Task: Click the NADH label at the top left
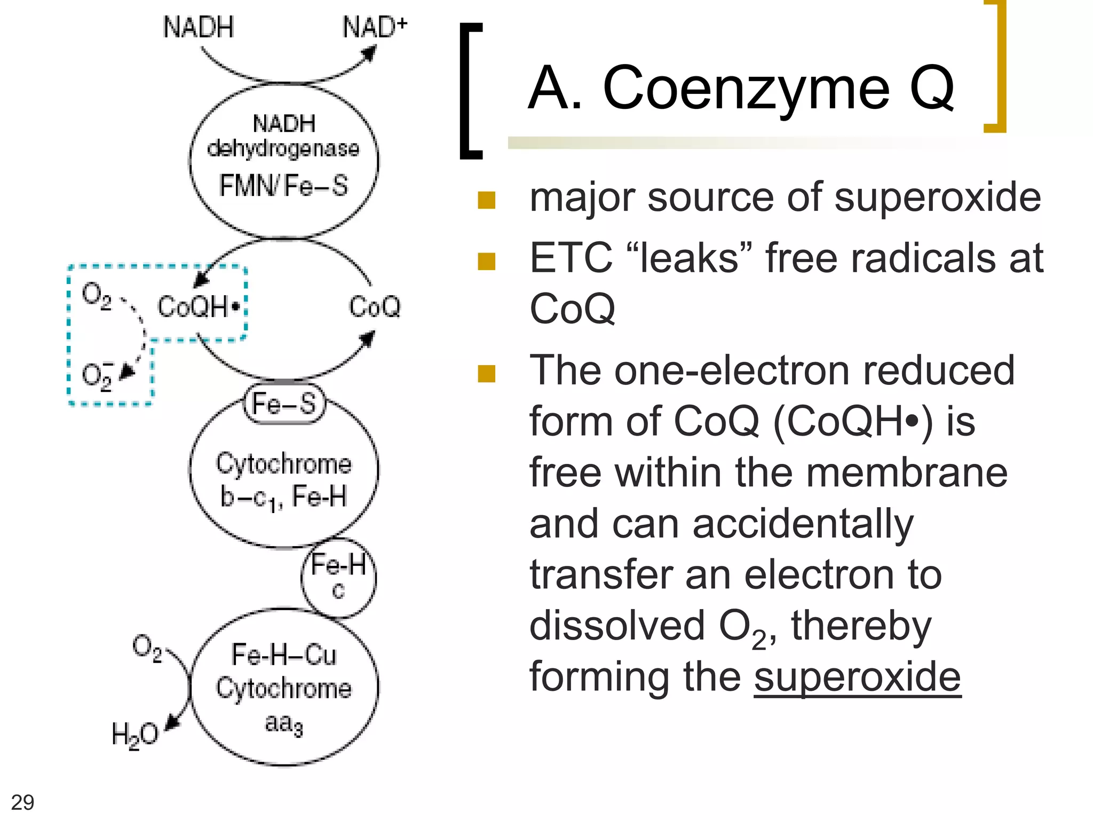198,27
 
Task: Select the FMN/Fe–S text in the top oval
283,186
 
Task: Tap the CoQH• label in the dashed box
199,307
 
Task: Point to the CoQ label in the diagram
375,307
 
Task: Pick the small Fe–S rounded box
284,404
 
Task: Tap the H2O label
134,735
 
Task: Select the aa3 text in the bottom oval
284,724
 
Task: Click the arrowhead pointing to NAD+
369,53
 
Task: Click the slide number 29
22,802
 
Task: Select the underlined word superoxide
857,676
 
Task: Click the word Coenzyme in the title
746,88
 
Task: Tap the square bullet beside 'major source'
487,200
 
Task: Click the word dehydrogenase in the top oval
283,149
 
